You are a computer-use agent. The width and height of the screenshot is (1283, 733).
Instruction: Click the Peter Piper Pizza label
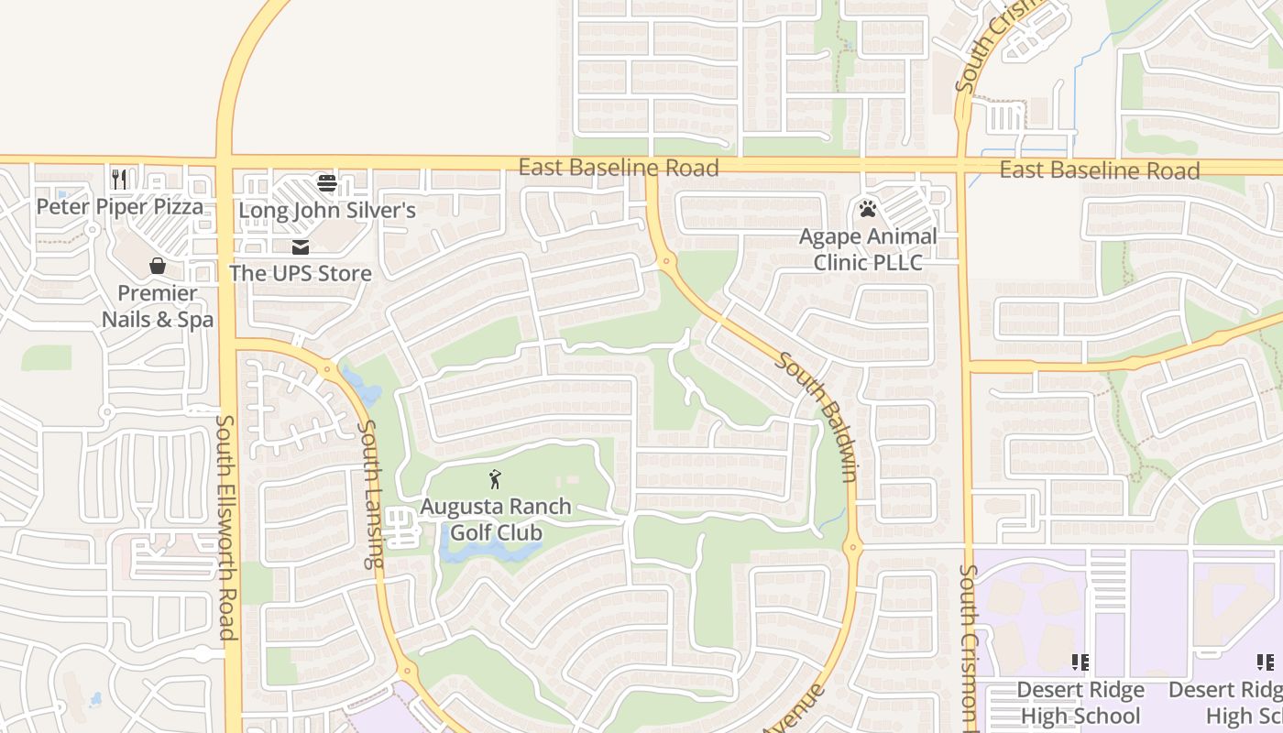pyautogui.click(x=119, y=207)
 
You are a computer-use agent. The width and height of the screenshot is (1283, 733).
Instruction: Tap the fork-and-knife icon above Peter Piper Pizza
pyautogui.click(x=119, y=178)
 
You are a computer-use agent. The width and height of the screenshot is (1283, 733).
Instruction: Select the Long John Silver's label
pyautogui.click(x=327, y=211)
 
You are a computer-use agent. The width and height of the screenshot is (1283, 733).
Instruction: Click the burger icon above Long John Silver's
pyautogui.click(x=327, y=183)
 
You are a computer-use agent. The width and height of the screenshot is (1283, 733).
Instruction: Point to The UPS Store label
pyautogui.click(x=301, y=273)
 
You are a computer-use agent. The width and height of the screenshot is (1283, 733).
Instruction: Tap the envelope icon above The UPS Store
pyautogui.click(x=300, y=246)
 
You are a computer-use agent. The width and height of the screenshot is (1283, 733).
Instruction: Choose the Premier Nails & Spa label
pyautogui.click(x=158, y=306)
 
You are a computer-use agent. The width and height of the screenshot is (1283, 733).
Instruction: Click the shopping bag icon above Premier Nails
pyautogui.click(x=158, y=266)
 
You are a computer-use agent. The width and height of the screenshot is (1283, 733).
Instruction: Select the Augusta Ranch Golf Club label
pyautogui.click(x=496, y=520)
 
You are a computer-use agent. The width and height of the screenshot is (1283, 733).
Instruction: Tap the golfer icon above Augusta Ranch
pyautogui.click(x=495, y=478)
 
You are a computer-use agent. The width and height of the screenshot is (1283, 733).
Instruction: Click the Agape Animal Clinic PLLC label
pyautogui.click(x=868, y=249)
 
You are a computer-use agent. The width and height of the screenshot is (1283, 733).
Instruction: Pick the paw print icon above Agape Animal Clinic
pyautogui.click(x=868, y=209)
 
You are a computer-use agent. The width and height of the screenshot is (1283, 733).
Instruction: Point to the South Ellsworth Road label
pyautogui.click(x=226, y=527)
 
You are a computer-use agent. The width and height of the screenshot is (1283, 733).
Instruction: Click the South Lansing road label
pyautogui.click(x=370, y=495)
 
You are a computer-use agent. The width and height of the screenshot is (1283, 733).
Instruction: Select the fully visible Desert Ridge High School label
pyautogui.click(x=1080, y=703)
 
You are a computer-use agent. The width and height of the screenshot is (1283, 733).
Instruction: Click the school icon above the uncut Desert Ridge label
pyautogui.click(x=1080, y=662)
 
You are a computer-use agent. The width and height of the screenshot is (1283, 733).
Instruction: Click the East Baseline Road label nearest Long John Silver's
pyautogui.click(x=619, y=168)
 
